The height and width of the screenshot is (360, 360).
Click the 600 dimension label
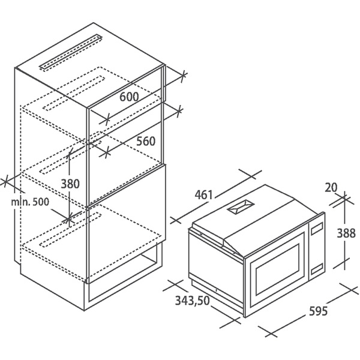pyautogui.click(x=129, y=97)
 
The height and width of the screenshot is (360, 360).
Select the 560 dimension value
pyautogui.click(x=146, y=141)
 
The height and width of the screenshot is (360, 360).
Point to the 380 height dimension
pyautogui.click(x=70, y=184)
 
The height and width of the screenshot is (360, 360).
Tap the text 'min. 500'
pyautogui.click(x=30, y=202)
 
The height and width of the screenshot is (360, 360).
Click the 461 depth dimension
pyautogui.click(x=204, y=195)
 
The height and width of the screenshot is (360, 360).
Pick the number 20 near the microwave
pyautogui.click(x=331, y=187)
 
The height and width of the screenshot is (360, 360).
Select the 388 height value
pyautogui.click(x=346, y=233)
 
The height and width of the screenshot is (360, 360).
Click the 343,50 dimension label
pyautogui.click(x=193, y=301)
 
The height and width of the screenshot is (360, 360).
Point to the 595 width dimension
pyautogui.click(x=318, y=311)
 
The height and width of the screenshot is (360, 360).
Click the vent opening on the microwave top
pyautogui.click(x=241, y=206)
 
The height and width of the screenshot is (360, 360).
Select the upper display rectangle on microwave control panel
pyautogui.click(x=317, y=230)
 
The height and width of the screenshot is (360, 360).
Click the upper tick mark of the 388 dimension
pyautogui.click(x=344, y=198)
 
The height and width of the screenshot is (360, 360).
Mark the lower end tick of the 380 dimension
pyautogui.click(x=69, y=220)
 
